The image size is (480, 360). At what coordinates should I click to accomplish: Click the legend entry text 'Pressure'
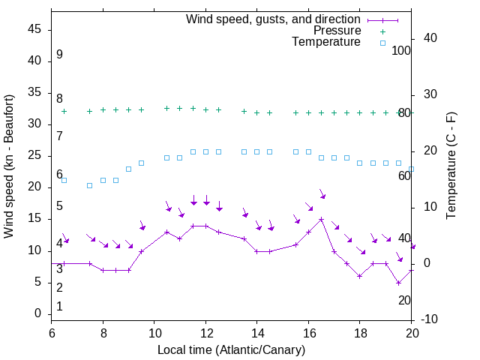tap(337, 31)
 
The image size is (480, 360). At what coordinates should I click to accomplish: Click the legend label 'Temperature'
tap(326, 42)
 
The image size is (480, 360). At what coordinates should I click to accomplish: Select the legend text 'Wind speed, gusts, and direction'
tap(273, 19)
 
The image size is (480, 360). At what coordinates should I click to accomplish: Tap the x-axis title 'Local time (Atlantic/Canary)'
tap(231, 349)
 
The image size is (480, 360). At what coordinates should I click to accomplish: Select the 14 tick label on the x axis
tap(256, 333)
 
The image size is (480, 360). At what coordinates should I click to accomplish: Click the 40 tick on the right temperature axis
tap(430, 38)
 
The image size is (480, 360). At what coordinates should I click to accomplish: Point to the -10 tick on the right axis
tap(430, 319)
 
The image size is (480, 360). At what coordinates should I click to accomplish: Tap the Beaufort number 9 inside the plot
tap(59, 55)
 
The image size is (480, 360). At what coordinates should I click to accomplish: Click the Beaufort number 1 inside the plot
tap(59, 307)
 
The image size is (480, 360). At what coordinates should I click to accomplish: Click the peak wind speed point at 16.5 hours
tap(321, 220)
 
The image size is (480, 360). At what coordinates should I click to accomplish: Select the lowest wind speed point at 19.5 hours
tap(398, 283)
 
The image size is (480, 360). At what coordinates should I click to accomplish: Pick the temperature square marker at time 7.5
tap(90, 185)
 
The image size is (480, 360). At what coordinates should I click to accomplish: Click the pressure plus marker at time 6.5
tap(64, 111)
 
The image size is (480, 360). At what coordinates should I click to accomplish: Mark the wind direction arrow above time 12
tap(206, 200)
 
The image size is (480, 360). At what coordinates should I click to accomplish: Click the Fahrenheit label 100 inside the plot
tap(401, 50)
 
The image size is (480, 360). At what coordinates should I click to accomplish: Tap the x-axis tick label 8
tap(103, 333)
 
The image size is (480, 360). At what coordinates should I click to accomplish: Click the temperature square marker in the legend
tap(382, 43)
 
